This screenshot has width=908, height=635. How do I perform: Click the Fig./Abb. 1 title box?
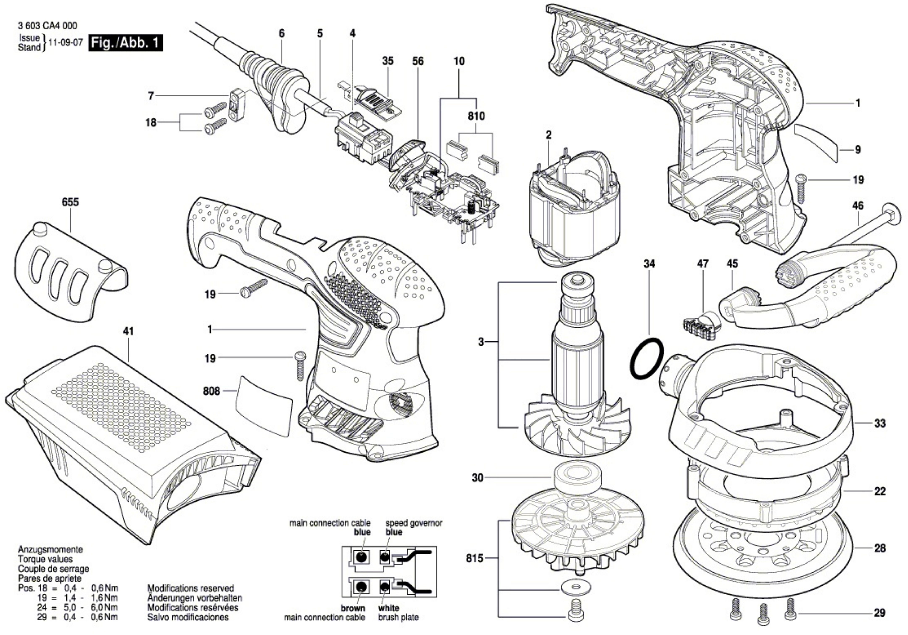(x=126, y=42)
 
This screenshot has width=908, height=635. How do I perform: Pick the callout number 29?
(x=879, y=613)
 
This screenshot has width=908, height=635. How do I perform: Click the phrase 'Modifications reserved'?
(x=191, y=588)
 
